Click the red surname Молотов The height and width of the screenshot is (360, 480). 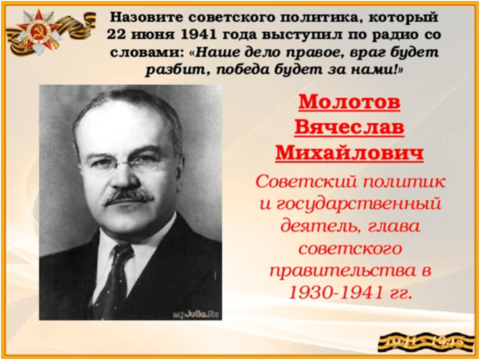[349, 102]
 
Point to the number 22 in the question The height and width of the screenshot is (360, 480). [116, 35]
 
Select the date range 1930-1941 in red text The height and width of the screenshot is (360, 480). [336, 293]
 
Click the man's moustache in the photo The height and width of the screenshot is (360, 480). [129, 197]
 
